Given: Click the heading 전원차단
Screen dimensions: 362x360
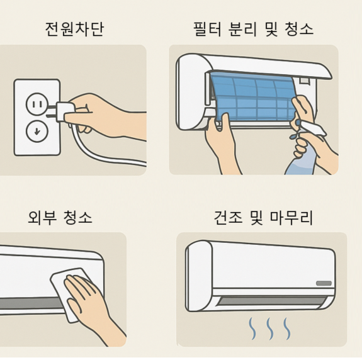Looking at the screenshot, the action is coord(74,29).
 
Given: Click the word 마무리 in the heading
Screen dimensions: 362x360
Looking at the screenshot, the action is coord(291,217).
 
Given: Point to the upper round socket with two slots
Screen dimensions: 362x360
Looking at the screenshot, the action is coord(37,104).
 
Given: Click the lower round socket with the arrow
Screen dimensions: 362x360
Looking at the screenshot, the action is coord(37,131).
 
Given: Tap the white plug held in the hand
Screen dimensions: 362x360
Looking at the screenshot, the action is coord(62,112).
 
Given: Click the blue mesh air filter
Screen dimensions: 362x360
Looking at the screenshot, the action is coord(253,97).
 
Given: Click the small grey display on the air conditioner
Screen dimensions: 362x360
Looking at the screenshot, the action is coord(324,283).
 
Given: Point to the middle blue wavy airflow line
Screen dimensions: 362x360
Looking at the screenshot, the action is coord(269,329).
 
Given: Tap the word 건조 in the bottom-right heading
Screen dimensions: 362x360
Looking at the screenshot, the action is coord(228,217).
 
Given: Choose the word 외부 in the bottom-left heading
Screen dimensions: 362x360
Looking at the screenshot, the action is coord(42,217).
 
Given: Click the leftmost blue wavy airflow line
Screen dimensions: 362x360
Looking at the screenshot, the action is coord(252,329).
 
